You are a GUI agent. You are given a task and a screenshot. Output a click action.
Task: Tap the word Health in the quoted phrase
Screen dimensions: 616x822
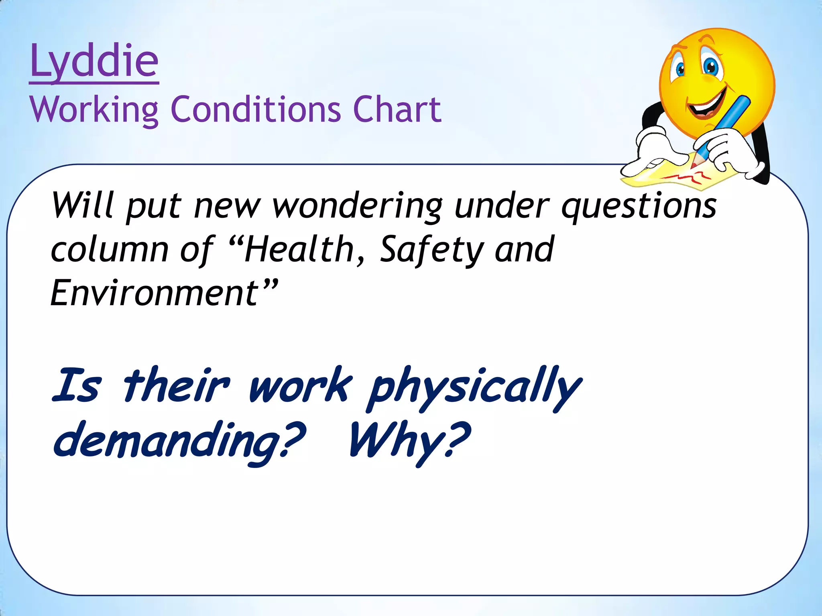(299, 249)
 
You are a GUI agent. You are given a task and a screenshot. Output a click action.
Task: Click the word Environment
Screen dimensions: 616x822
(155, 293)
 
